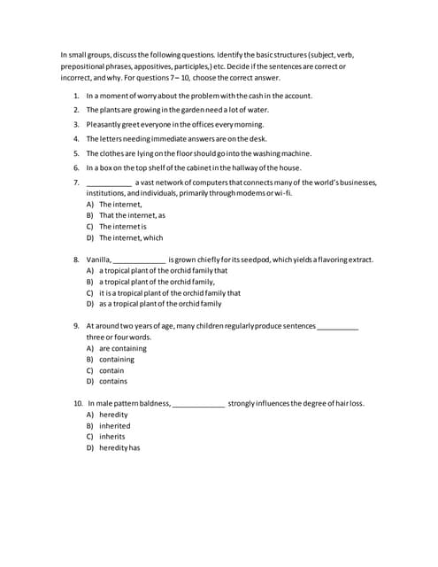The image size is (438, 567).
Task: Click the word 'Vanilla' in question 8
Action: (x=98, y=260)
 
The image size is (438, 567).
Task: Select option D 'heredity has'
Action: (x=119, y=447)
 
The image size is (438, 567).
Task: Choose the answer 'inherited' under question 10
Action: (x=114, y=425)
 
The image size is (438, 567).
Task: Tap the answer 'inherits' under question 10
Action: (x=112, y=437)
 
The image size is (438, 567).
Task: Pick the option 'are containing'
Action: (x=123, y=349)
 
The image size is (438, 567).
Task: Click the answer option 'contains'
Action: (x=113, y=382)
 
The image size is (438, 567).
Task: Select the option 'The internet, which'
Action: (x=131, y=237)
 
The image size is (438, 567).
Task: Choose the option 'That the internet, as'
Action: (x=132, y=215)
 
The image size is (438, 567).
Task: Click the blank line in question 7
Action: (x=109, y=183)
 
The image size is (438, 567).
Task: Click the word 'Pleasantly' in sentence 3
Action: (x=104, y=124)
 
